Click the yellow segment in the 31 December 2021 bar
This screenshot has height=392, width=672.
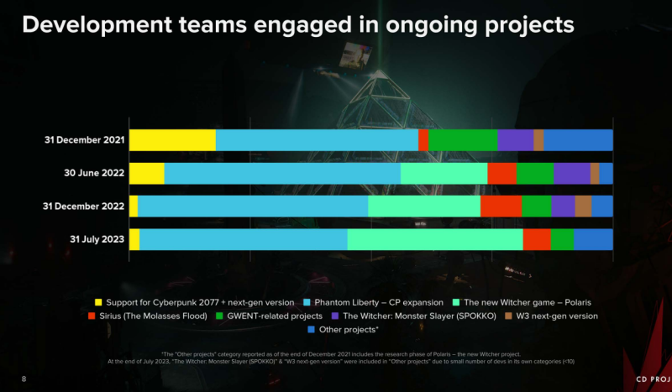(172, 140)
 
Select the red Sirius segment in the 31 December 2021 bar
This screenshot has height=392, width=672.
(423, 140)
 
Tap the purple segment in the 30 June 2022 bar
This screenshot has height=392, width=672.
(572, 173)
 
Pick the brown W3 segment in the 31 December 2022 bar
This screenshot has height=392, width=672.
(583, 206)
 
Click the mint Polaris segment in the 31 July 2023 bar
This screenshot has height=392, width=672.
(435, 239)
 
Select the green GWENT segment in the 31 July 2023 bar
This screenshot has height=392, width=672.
(562, 239)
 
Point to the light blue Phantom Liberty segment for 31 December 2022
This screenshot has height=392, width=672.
(253, 206)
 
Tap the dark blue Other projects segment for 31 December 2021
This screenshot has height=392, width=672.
(578, 140)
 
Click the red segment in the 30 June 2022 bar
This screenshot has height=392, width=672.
(502, 173)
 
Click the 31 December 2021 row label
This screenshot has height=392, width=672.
(85, 140)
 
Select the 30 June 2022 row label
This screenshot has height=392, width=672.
(95, 173)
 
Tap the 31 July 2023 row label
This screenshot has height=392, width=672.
(97, 239)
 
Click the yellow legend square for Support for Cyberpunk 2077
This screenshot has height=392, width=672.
(98, 301)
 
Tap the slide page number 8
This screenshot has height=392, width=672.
(24, 379)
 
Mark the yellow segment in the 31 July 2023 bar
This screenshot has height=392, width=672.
(134, 239)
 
